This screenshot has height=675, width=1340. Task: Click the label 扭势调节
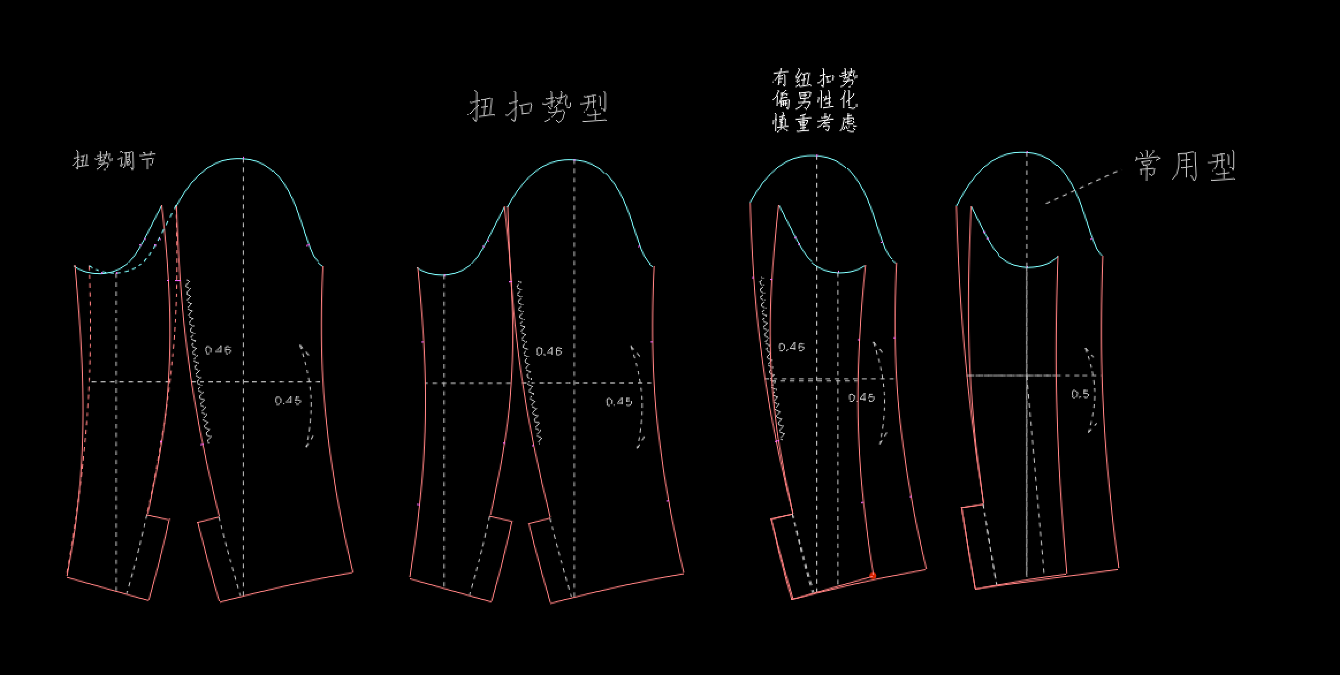tap(114, 160)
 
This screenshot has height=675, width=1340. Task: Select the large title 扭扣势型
tap(538, 107)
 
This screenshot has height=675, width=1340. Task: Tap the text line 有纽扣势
tap(815, 78)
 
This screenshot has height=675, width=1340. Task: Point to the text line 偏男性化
tap(815, 101)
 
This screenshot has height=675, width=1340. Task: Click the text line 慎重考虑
tap(815, 123)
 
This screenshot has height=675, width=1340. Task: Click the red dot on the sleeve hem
tap(873, 576)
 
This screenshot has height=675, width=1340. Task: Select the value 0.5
tap(1080, 395)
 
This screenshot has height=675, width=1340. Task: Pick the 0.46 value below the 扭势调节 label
tap(218, 350)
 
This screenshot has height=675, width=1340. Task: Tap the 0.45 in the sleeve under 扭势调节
tap(288, 401)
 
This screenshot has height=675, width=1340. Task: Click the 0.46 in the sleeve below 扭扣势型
tap(549, 351)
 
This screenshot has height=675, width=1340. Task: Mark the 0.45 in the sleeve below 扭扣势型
tap(619, 402)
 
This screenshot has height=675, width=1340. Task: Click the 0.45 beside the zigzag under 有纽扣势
tap(791, 347)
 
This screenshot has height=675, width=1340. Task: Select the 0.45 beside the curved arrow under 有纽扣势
tap(862, 398)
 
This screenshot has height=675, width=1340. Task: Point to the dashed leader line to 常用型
tap(1082, 187)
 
